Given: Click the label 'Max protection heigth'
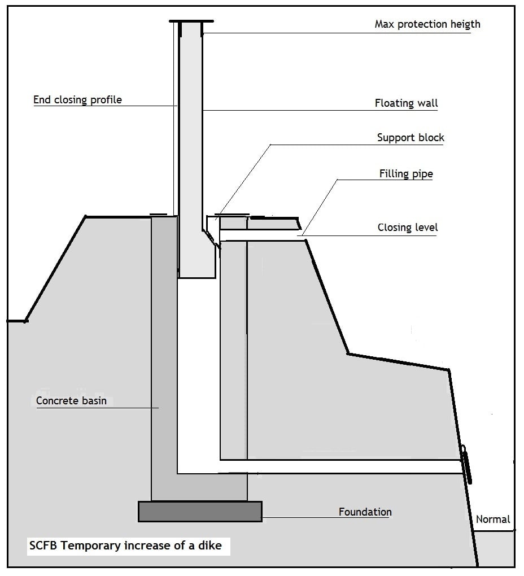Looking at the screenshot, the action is pos(427,24).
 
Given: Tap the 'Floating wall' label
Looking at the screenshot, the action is pos(406,103).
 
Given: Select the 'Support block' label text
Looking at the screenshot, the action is pos(411,138).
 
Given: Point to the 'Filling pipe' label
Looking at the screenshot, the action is pos(406,174).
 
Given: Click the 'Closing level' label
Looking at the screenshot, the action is pos(408,228).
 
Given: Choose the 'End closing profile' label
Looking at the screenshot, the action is pos(77,100).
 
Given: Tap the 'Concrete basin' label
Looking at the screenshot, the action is pos(71,401).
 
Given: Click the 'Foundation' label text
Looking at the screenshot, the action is pos(365,512).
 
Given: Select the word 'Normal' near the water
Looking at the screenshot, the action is pos(493,520).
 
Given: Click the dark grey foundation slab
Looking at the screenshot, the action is pos(200,512).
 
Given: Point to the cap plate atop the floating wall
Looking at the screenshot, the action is pos(191,21).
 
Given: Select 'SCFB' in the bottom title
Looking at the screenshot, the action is pos(43,546).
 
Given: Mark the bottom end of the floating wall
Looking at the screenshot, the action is pos(197,277).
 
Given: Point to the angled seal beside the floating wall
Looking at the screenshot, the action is pos(212,239).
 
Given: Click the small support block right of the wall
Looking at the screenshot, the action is pos(233,224).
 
